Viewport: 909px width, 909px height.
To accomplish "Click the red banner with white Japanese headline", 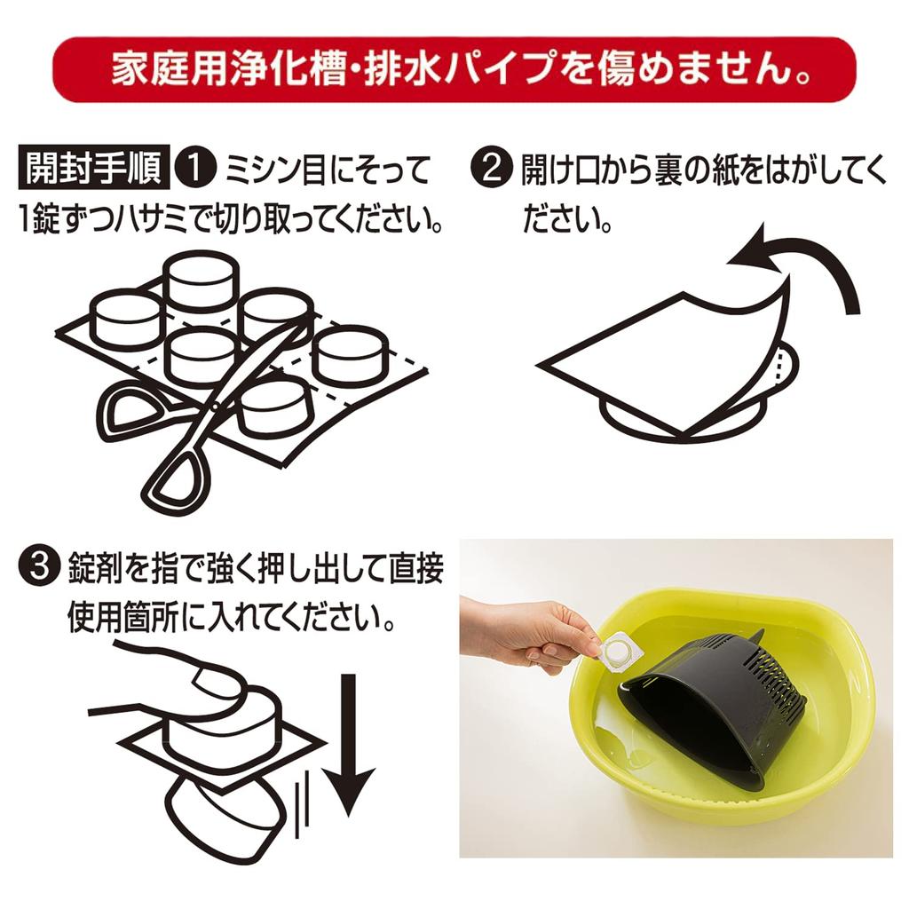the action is pyautogui.click(x=454, y=69).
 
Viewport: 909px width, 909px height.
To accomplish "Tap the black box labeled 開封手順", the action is pyautogui.click(x=94, y=167).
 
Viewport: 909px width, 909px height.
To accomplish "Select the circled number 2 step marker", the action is pyautogui.click(x=491, y=168).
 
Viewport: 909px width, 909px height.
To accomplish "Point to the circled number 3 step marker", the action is pyautogui.click(x=39, y=567).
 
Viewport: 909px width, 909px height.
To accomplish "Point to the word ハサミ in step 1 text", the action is pyautogui.click(x=152, y=219).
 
